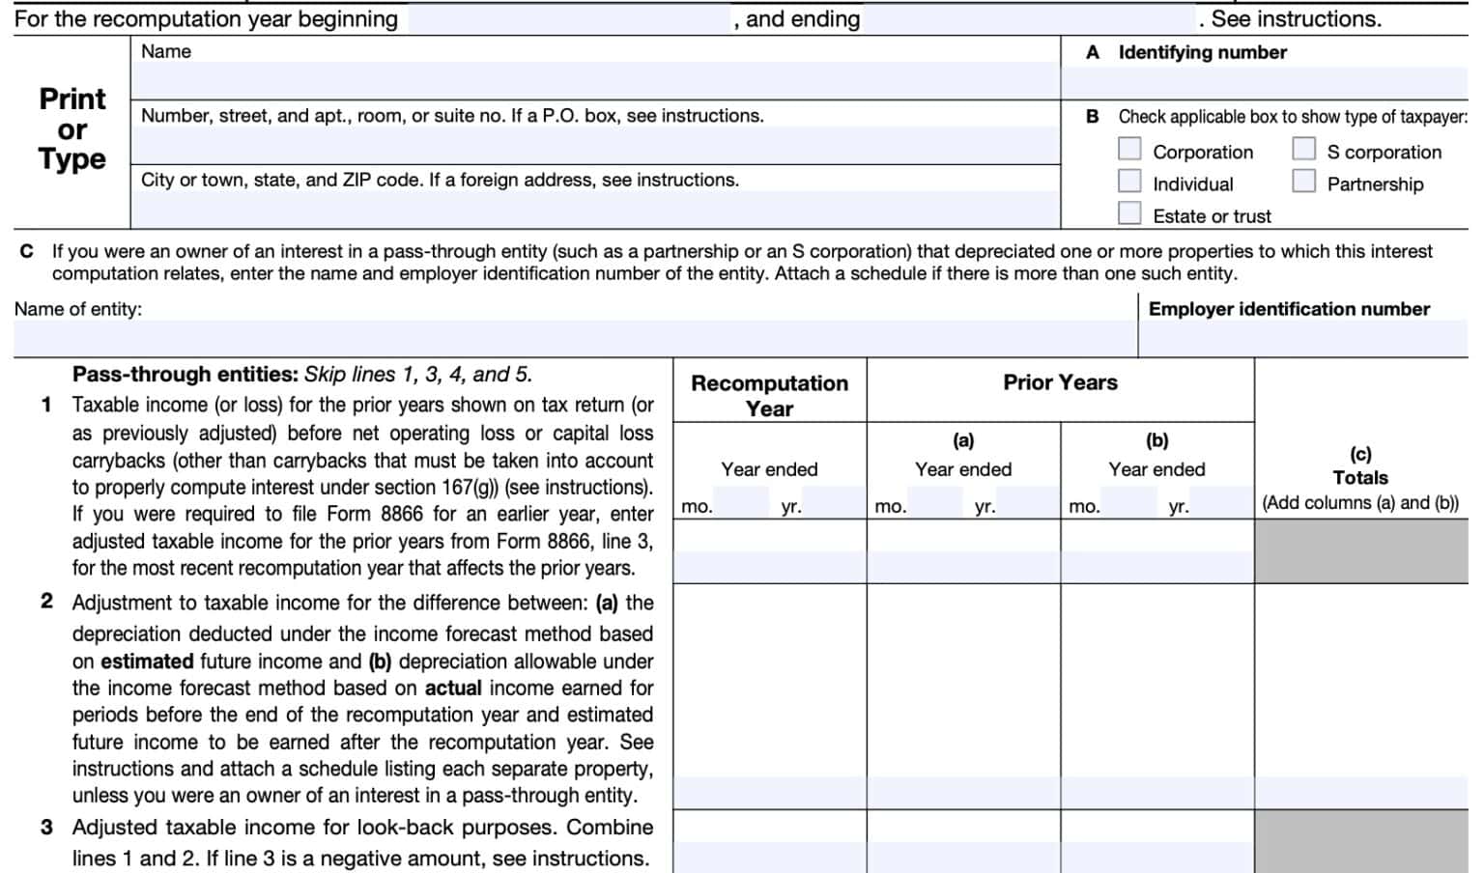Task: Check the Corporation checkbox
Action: [x=1129, y=149]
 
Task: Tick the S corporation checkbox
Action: [x=1303, y=149]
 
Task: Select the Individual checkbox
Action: [x=1129, y=182]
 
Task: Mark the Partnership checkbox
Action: [x=1303, y=182]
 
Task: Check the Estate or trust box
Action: [x=1129, y=213]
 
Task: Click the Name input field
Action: [x=594, y=81]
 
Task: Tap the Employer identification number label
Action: [x=1288, y=309]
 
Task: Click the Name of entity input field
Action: [x=574, y=338]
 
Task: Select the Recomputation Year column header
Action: [x=769, y=395]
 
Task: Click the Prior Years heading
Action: [x=1060, y=382]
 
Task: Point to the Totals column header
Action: [x=1359, y=477]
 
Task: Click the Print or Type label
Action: [x=72, y=128]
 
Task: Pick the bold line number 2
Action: [x=46, y=602]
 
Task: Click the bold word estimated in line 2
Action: [x=147, y=662]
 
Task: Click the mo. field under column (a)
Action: [x=934, y=503]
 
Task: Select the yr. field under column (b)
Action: [x=1221, y=503]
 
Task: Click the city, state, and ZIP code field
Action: [x=594, y=210]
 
